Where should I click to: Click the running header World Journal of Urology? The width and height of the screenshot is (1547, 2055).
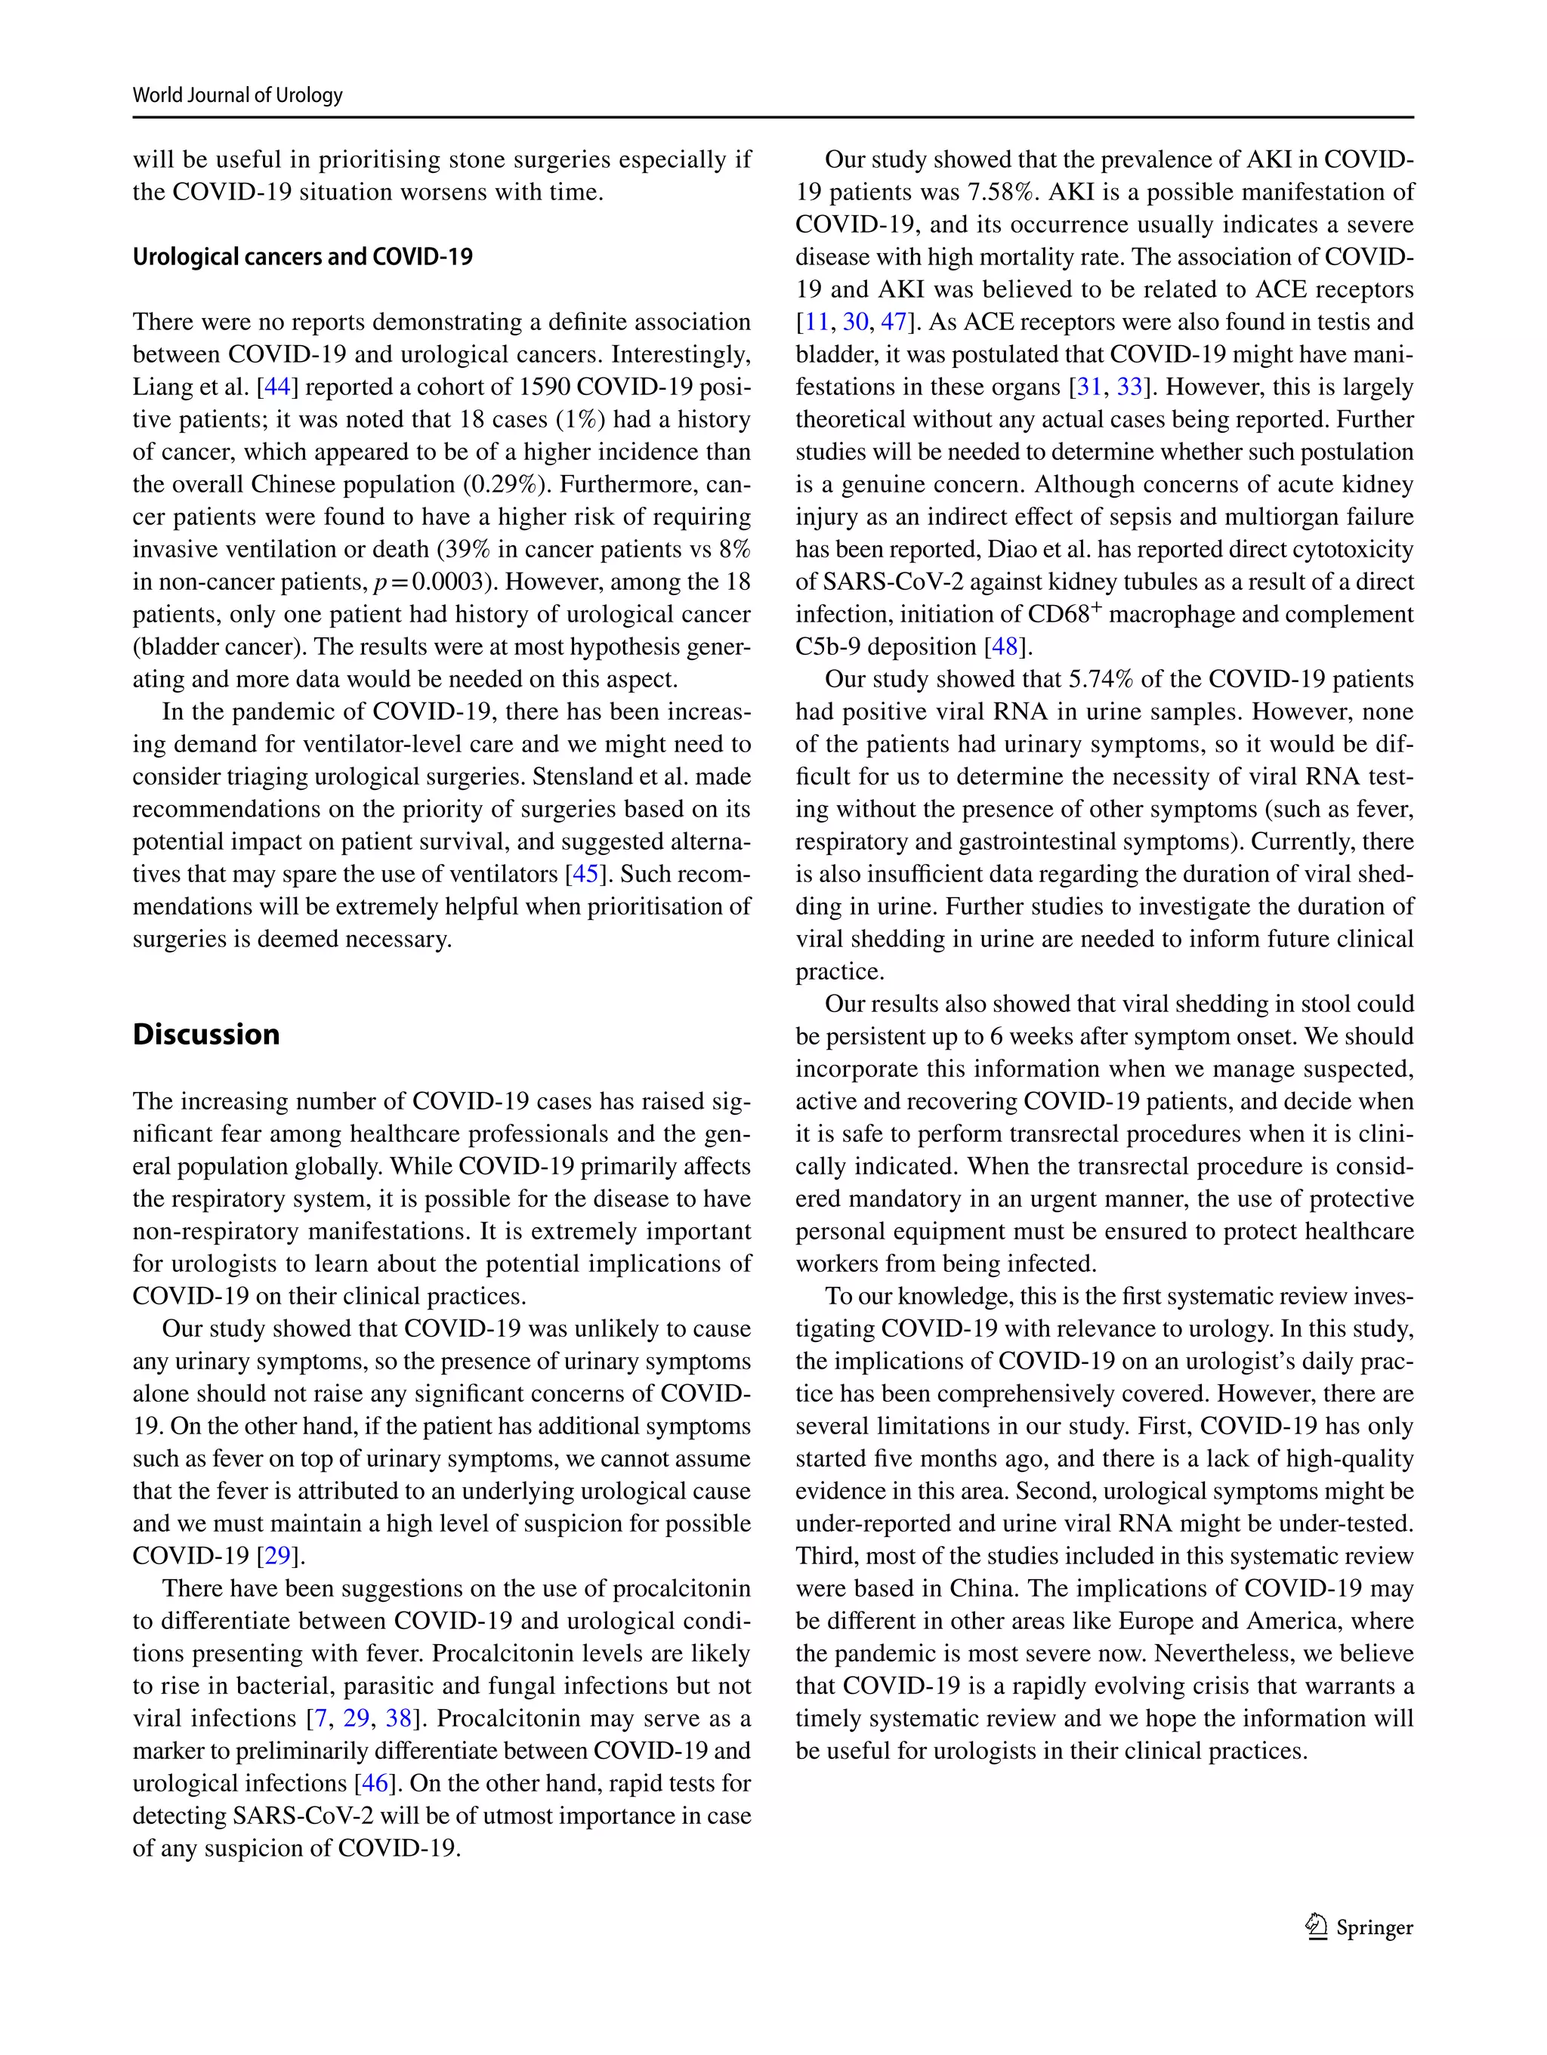click(237, 94)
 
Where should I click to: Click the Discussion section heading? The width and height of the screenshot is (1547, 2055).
click(205, 1034)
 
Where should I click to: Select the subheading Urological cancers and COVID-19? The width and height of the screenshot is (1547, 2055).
click(302, 257)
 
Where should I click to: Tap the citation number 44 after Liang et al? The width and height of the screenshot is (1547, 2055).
click(277, 387)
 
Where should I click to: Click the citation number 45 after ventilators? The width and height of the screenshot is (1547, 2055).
click(585, 875)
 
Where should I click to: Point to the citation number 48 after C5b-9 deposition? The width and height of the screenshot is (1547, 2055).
click(1005, 646)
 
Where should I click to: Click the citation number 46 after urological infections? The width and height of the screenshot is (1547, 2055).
click(375, 1783)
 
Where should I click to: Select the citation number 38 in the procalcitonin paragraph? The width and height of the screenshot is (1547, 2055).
click(399, 1717)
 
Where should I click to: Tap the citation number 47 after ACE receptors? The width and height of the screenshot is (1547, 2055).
click(893, 322)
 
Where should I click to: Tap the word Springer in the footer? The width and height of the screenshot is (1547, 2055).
click(1374, 1927)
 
